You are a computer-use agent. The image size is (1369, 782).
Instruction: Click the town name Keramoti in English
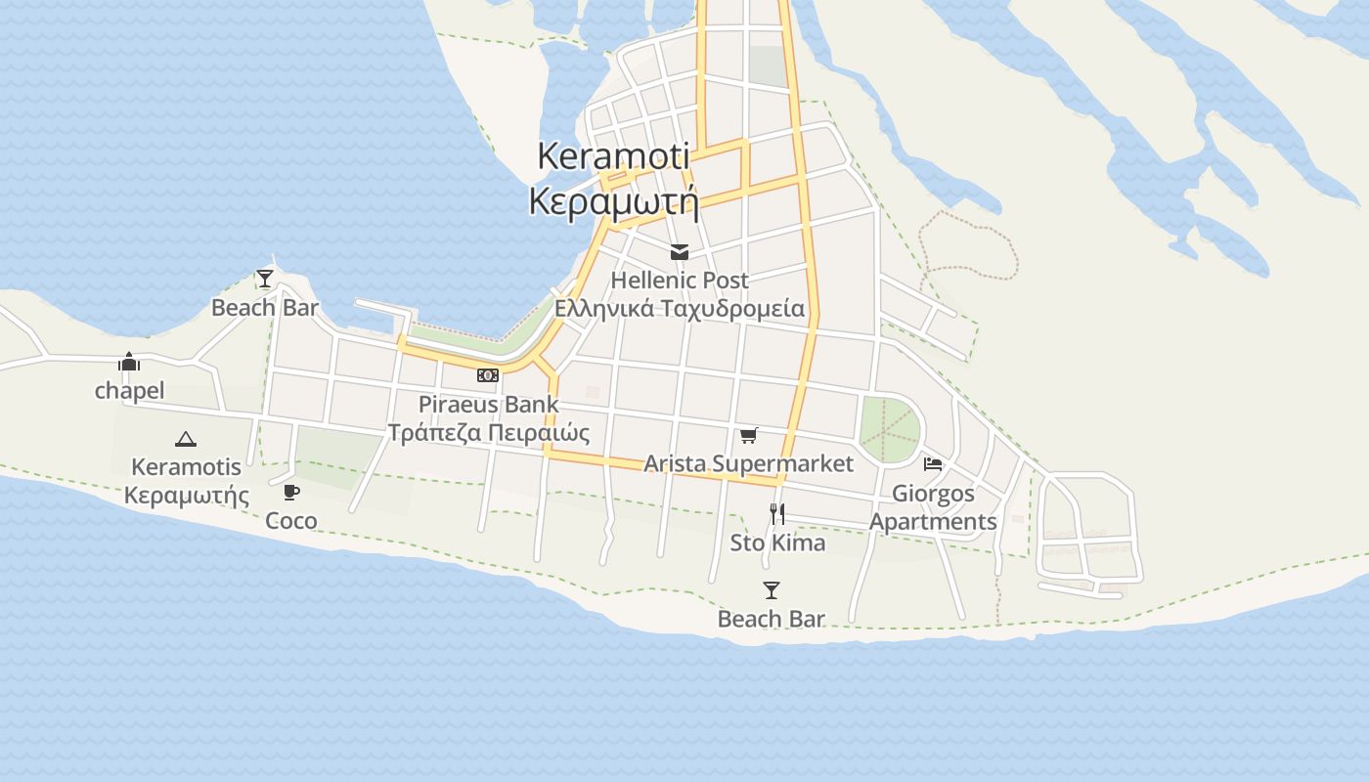coord(613,155)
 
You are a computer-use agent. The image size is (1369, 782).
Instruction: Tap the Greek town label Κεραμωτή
coord(613,200)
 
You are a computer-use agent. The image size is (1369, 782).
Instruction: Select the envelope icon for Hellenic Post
coord(680,253)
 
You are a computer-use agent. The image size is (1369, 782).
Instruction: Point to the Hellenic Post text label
coord(680,281)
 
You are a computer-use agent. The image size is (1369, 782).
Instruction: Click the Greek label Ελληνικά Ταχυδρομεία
coord(680,309)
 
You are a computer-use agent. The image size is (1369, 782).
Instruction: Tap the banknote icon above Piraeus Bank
coord(488,375)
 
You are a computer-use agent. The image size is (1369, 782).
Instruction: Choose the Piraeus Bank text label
coord(489,404)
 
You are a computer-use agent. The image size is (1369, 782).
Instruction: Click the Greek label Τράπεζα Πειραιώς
coord(489,432)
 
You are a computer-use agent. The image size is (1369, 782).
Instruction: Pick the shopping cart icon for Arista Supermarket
coord(749,436)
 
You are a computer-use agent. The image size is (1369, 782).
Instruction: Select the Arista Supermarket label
coord(749,463)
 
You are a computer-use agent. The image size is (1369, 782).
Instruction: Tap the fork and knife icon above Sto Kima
coord(777,514)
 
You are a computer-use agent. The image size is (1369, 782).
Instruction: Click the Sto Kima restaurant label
coord(777,543)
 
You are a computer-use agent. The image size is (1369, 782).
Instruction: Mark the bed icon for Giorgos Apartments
coord(933,464)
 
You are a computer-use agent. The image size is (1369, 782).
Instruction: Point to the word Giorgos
coord(933,493)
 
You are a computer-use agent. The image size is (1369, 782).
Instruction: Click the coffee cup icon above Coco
coord(291,492)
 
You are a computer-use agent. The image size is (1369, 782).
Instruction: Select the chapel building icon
coord(129,363)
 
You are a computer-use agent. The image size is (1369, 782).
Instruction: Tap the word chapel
coord(129,391)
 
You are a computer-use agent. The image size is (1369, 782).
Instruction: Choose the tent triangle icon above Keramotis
coord(186,439)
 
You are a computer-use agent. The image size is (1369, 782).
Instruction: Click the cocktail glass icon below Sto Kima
coord(772,590)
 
